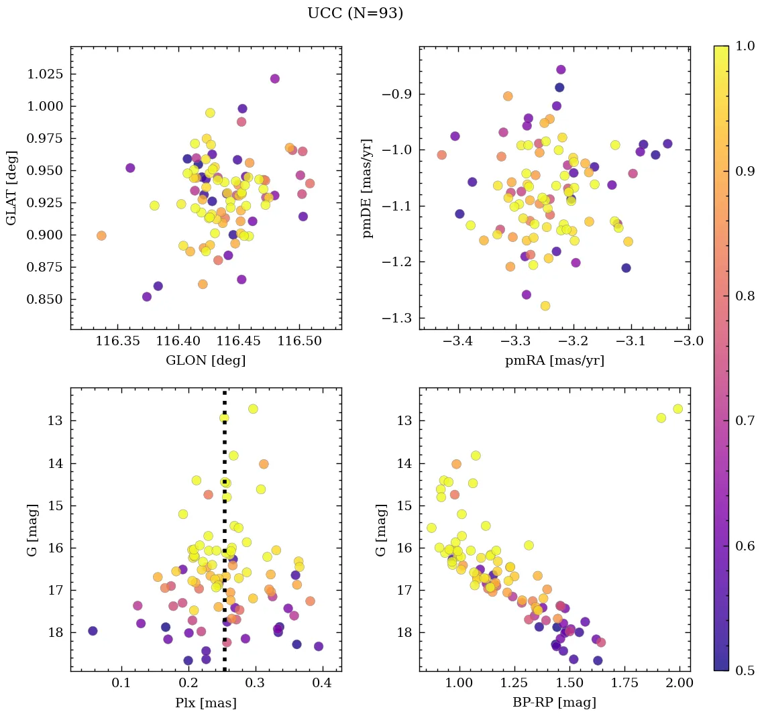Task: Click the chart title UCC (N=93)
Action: (x=355, y=13)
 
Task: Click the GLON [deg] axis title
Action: (x=205, y=361)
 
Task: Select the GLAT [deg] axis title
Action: (x=11, y=188)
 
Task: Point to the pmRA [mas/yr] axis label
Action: (x=554, y=361)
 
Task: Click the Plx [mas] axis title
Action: (x=205, y=703)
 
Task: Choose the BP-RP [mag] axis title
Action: (x=554, y=703)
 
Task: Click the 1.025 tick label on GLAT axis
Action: (x=45, y=74)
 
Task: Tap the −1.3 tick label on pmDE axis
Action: (x=396, y=318)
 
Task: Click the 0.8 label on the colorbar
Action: (x=744, y=296)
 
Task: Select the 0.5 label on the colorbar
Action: (x=744, y=670)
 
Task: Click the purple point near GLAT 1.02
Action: (x=275, y=78)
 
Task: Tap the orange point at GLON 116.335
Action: (x=101, y=235)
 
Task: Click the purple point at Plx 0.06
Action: (x=93, y=631)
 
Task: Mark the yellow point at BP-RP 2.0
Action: (x=677, y=409)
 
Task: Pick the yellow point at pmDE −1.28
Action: (x=545, y=306)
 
